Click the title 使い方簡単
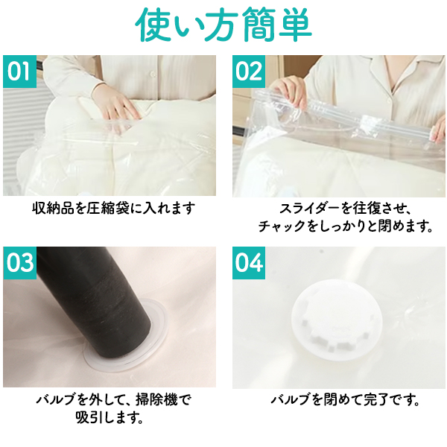[223, 25]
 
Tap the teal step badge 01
[19, 72]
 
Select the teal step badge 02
[249, 72]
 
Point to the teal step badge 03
[19, 263]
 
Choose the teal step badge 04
[249, 263]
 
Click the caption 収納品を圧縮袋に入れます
[113, 209]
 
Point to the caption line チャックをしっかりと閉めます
[345, 226]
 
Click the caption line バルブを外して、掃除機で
[113, 399]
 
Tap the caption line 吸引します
[110, 417]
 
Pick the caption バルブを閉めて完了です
[345, 399]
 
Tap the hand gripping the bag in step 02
[288, 91]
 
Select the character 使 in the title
[153, 25]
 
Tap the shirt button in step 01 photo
[153, 74]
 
